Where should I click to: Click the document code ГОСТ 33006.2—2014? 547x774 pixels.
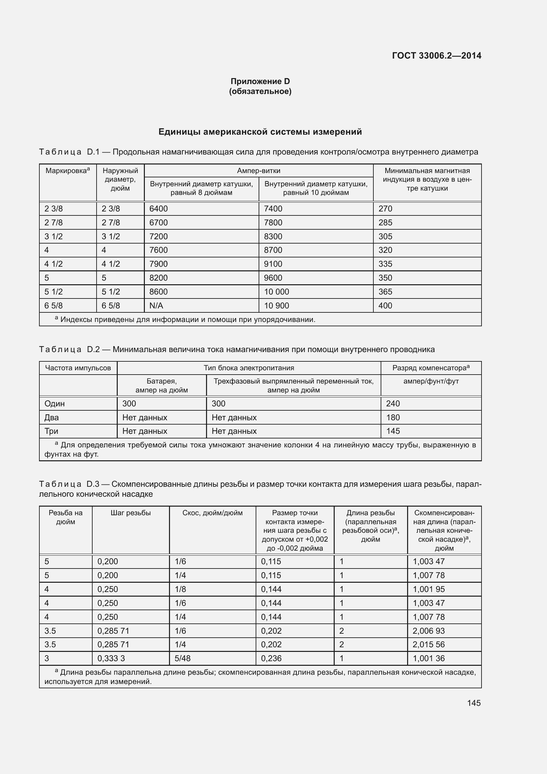click(x=437, y=56)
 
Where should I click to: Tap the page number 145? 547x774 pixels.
click(x=474, y=703)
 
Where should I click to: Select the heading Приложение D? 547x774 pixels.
click(x=260, y=81)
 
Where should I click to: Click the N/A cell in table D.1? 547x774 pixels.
click(x=156, y=305)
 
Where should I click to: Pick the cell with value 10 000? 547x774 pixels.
click(x=276, y=292)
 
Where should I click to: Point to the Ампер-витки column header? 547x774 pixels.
click(x=258, y=170)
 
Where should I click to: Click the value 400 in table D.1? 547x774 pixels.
click(x=385, y=305)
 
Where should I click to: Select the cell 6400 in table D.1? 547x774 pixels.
click(x=158, y=209)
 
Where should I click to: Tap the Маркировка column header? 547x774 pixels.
click(x=67, y=170)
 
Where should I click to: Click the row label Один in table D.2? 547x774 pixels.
click(x=55, y=403)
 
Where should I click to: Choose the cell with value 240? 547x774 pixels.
click(x=393, y=403)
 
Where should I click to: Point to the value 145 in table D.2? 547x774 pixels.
click(x=393, y=431)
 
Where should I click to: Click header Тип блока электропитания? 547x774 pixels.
click(x=249, y=368)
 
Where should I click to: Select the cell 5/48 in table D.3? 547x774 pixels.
click(x=183, y=658)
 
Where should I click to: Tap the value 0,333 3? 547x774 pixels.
click(x=111, y=658)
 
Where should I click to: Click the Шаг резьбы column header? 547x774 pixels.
click(x=130, y=513)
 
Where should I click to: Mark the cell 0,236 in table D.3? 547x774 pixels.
click(x=271, y=658)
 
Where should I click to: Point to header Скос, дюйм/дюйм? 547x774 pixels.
click(x=212, y=513)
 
